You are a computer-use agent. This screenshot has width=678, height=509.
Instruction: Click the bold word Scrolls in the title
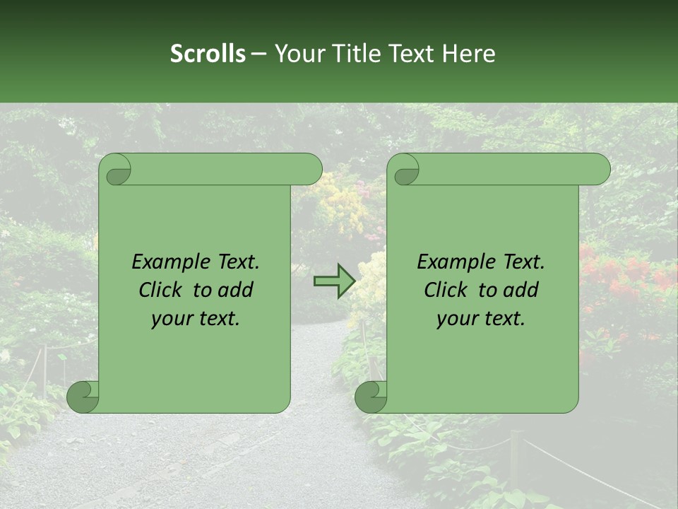tap(208, 54)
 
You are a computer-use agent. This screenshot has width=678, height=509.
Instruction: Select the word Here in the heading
tap(469, 54)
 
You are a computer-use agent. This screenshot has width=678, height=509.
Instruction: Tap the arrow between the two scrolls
tap(334, 281)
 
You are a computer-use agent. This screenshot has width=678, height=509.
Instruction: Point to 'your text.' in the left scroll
tap(196, 319)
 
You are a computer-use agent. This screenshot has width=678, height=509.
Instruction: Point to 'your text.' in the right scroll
tap(481, 319)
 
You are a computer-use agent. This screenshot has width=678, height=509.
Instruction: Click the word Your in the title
tap(297, 54)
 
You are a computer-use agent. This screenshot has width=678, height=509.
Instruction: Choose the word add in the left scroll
tap(236, 291)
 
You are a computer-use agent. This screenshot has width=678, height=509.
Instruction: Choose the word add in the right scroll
tap(521, 291)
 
